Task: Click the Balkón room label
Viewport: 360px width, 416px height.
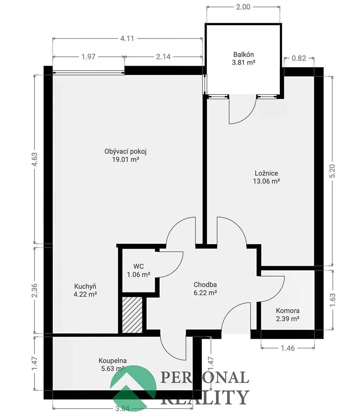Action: point(244,58)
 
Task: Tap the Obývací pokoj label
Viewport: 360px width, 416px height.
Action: point(126,155)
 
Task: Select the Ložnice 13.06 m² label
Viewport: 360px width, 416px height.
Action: point(266,177)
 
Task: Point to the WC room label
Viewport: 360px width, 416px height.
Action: point(139,270)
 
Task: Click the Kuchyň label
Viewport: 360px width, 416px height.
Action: point(85,290)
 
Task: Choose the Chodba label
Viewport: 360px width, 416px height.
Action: point(205,289)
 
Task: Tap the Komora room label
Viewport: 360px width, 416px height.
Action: point(288,314)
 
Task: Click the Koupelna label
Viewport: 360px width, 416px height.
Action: point(113,365)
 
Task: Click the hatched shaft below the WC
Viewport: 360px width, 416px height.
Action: point(132,315)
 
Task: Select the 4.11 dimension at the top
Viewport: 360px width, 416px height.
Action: point(127,38)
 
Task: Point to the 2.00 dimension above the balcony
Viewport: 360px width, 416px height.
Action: point(243,7)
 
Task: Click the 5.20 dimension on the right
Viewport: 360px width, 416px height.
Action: point(332,171)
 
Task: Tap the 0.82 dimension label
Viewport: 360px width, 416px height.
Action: point(299,58)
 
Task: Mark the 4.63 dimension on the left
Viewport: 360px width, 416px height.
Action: point(34,159)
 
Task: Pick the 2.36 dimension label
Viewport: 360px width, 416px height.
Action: point(34,290)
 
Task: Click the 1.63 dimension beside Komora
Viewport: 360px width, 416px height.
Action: point(333,300)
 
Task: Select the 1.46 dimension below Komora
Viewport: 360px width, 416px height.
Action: point(288,348)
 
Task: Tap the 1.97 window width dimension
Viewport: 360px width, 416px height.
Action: point(88,57)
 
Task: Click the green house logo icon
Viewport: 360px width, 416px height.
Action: point(134,388)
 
